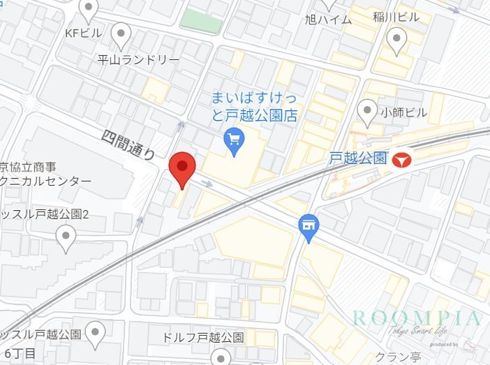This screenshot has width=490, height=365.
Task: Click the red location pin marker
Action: (x=182, y=167)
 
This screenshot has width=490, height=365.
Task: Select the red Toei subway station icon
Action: (x=401, y=159)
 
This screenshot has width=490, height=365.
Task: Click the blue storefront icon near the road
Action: (x=308, y=226)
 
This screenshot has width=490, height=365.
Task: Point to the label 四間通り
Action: (x=128, y=144)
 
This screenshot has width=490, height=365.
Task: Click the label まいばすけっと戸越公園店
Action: (x=255, y=106)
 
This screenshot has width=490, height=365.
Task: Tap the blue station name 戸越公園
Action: (x=358, y=158)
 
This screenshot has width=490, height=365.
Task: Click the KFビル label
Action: (x=82, y=33)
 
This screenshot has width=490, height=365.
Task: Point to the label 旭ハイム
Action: (x=329, y=20)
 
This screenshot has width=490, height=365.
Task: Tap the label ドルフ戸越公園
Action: (x=202, y=337)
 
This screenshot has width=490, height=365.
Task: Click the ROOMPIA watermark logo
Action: (x=417, y=319)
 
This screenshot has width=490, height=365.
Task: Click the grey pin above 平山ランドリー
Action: (x=121, y=33)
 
